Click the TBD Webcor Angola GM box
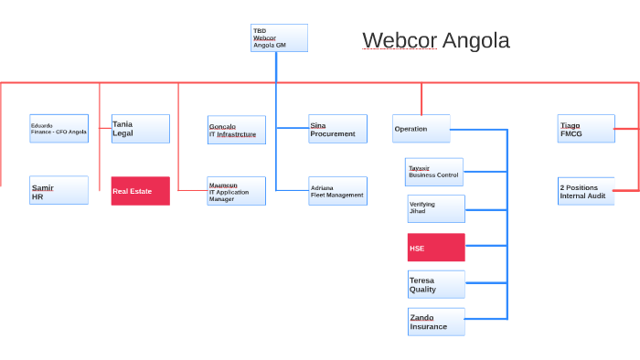coord(279,37)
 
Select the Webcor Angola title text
coord(435,40)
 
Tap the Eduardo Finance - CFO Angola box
coord(59,129)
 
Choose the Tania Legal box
coord(140,129)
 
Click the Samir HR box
coord(59,190)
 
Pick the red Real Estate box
coord(140,191)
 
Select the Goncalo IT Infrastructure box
coord(237,130)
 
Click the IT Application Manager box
coord(237,191)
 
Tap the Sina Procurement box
coord(337,129)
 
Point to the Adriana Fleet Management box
coord(337,190)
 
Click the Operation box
coord(421,129)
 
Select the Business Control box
coord(434,172)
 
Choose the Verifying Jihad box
coord(436,208)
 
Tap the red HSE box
coord(436,248)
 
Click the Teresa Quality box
coord(436,284)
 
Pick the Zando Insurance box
coord(436,322)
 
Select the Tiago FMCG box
coord(586,129)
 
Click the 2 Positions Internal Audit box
coord(586,191)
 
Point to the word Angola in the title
coord(475,40)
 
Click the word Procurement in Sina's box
coord(333,134)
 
